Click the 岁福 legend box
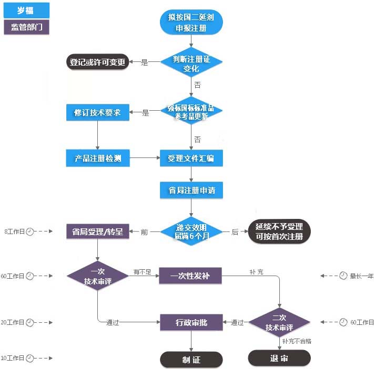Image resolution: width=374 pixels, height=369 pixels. [27, 10]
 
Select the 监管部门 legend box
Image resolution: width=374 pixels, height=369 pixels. [27, 27]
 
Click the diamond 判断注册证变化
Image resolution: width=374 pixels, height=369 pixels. [191, 62]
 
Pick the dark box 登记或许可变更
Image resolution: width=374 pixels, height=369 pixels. [98, 62]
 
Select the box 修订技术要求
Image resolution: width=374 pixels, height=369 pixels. [98, 112]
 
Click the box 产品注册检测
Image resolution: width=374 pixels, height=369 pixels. [98, 158]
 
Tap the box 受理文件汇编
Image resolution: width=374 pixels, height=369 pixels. [191, 158]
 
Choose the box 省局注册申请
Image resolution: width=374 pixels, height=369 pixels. [191, 189]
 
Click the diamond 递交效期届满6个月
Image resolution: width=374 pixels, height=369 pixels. [191, 231]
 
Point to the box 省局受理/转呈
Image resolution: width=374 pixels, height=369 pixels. [98, 231]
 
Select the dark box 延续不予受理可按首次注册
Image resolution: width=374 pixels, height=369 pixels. [279, 231]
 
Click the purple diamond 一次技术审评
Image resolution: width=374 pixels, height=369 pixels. [98, 276]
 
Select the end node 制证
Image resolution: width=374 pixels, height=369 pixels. [191, 360]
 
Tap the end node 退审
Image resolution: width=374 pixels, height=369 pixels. [279, 359]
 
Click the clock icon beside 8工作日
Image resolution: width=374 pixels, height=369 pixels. [30, 231]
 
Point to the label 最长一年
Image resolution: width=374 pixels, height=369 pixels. [362, 276]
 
